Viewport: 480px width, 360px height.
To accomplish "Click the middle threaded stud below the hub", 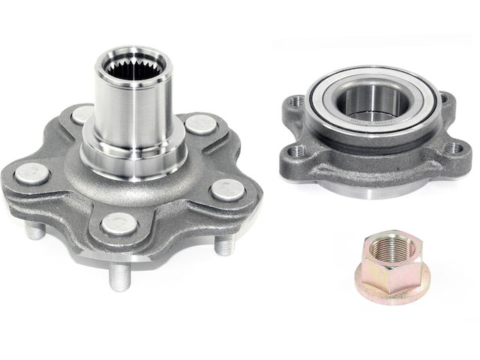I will click(118, 277).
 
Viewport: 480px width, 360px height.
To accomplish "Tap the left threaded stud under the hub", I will click(35, 232).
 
